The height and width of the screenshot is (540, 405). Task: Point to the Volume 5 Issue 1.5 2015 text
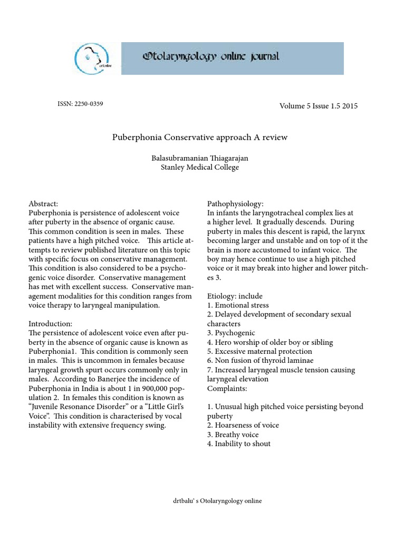pos(319,106)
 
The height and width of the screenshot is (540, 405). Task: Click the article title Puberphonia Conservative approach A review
pos(200,137)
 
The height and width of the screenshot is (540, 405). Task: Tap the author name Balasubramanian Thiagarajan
pos(200,158)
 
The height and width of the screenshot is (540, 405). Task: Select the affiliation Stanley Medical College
pos(200,168)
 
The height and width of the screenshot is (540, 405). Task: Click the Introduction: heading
pos(51,324)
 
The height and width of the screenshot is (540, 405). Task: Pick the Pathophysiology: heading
pos(235,204)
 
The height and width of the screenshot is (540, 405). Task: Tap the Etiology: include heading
pos(235,296)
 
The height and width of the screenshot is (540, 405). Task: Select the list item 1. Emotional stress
pos(238,305)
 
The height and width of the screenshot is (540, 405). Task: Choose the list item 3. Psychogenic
pos(231,333)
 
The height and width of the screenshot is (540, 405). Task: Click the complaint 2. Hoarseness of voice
pos(243,425)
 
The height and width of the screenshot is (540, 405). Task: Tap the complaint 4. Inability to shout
pos(239,443)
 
